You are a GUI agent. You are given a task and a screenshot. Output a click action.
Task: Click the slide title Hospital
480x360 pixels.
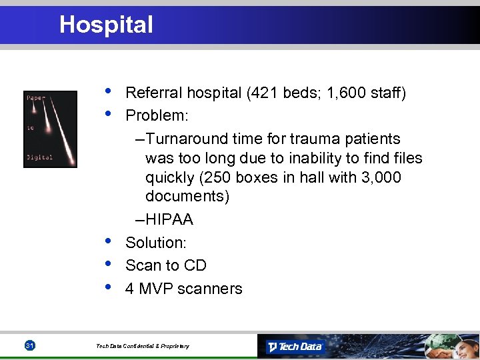coord(106,25)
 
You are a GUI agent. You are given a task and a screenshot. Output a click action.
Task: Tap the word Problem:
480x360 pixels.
coord(157,115)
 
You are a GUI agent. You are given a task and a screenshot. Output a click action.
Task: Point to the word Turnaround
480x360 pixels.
coord(187,139)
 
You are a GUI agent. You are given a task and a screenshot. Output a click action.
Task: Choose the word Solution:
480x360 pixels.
coord(156,243)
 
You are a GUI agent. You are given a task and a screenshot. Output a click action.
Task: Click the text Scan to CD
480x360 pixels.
coord(166,265)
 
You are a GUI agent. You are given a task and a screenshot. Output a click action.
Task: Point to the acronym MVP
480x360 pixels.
coord(157,289)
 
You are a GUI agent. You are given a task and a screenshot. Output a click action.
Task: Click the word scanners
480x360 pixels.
coord(211,289)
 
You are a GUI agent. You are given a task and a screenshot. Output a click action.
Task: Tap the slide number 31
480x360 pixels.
coord(29,345)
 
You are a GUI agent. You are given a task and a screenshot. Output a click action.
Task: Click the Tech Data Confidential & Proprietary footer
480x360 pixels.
coord(142,346)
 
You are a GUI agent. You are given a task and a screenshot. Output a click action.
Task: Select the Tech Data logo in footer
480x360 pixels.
coord(294,346)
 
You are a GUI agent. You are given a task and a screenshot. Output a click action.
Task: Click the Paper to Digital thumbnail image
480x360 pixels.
coord(51,129)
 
